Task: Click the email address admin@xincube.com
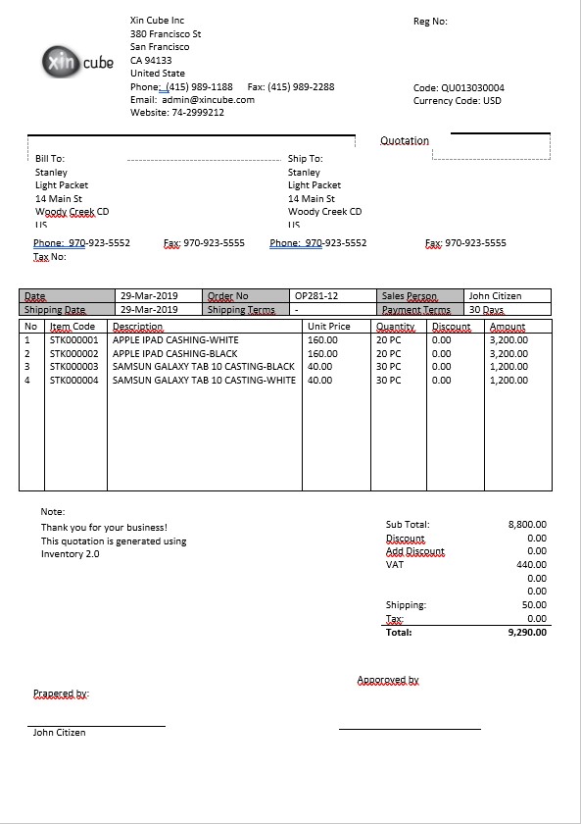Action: [x=208, y=100]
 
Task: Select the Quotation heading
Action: [x=405, y=140]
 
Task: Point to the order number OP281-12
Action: [x=316, y=296]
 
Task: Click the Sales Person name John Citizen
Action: [x=495, y=296]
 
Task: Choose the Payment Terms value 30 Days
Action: [x=487, y=310]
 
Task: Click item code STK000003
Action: [x=74, y=367]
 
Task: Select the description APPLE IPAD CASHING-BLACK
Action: [x=175, y=353]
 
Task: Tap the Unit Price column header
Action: [x=328, y=327]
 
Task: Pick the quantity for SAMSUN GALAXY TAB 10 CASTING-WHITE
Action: [x=389, y=381]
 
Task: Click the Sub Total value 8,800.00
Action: [x=527, y=525]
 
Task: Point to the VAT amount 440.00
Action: [x=531, y=565]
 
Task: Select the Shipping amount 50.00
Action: [x=534, y=605]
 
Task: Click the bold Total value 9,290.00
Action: [x=527, y=633]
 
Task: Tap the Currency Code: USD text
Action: [x=457, y=100]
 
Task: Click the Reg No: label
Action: [x=430, y=22]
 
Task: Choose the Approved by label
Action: [x=388, y=680]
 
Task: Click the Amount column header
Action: [x=508, y=327]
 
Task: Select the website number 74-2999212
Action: [x=197, y=113]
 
